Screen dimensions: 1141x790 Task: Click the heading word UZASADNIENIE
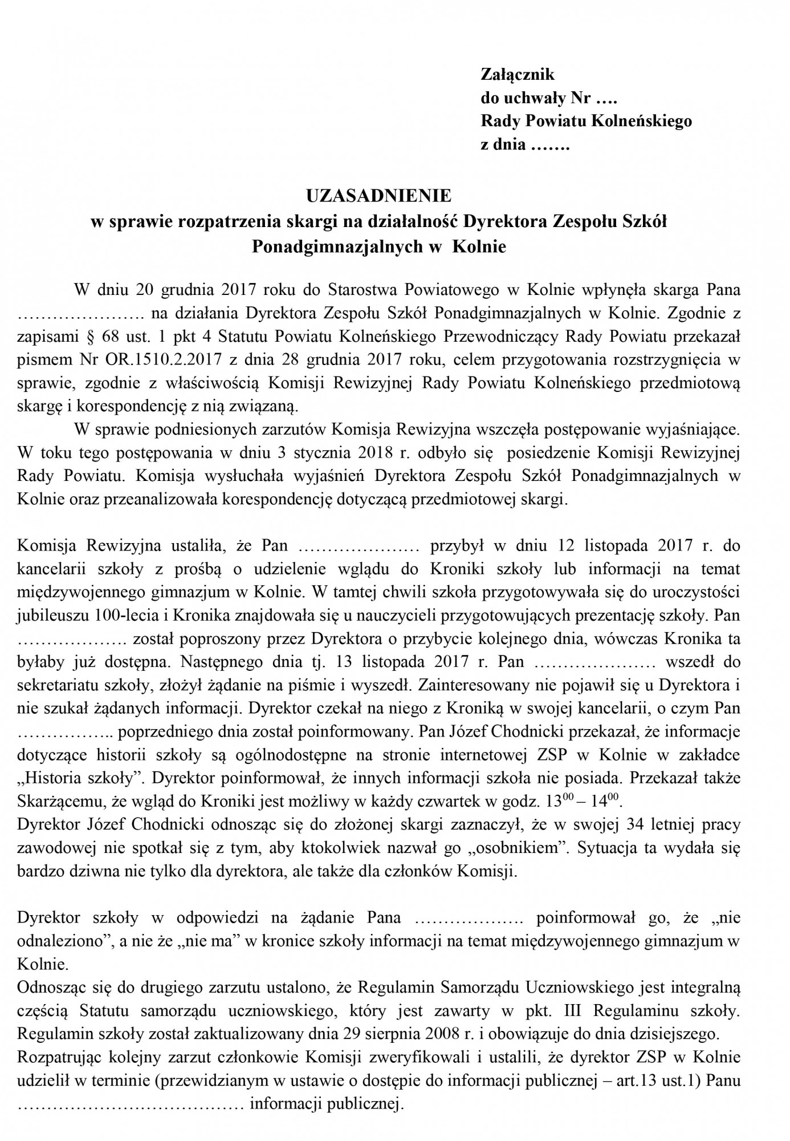point(378,196)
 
